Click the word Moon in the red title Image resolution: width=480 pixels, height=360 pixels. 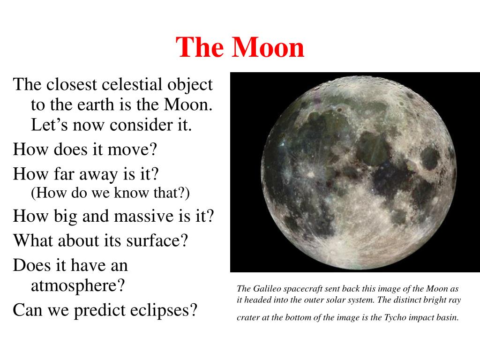point(268,47)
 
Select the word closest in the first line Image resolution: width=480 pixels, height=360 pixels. point(72,84)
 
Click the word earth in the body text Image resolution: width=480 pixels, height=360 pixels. point(96,105)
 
